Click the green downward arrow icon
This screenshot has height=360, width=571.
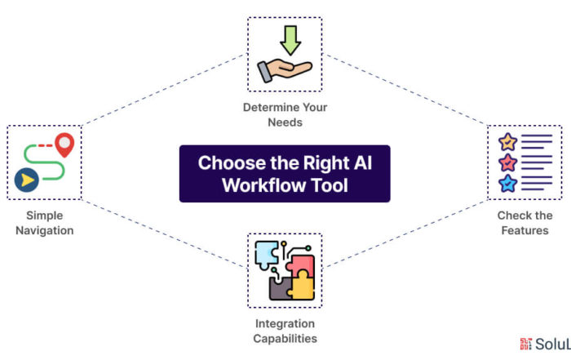point(290,40)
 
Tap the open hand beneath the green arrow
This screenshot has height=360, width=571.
point(285,70)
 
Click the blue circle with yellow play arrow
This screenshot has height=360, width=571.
point(27,180)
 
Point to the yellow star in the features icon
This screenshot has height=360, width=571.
point(507,142)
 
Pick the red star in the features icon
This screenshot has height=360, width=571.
point(507,163)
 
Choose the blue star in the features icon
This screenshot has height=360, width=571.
point(507,184)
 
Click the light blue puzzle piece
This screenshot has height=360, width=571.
point(267,255)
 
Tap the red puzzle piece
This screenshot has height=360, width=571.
point(301,265)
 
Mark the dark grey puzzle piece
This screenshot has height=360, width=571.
point(280,288)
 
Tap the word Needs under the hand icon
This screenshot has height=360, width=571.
point(285,122)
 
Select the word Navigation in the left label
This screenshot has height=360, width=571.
point(45,231)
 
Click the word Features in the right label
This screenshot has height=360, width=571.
point(525,231)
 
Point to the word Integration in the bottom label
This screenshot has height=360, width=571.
point(285,324)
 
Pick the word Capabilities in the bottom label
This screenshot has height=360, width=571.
point(285,339)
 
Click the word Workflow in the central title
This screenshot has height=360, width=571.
point(259,185)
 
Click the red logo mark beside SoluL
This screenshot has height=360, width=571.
point(526,344)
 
